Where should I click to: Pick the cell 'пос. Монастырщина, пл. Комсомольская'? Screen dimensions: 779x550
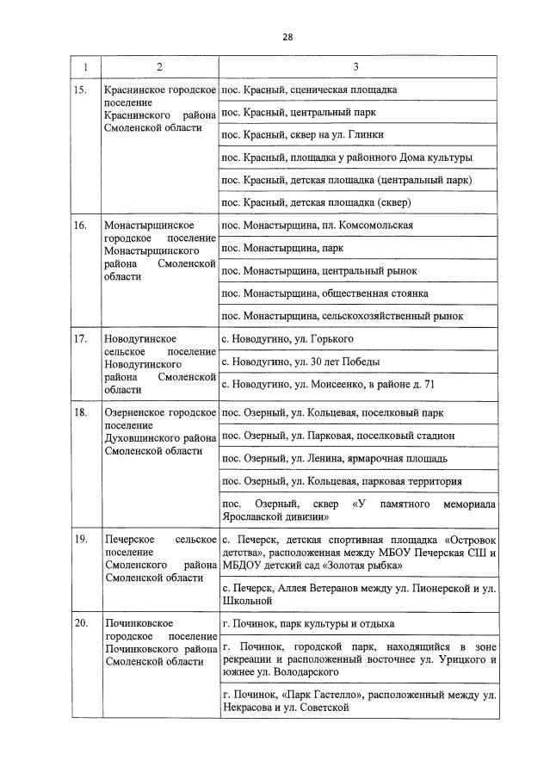pyautogui.click(x=317, y=226)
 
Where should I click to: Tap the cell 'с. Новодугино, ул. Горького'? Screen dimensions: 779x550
pyautogui.click(x=287, y=338)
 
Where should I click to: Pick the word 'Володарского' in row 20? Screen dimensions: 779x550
pyautogui.click(x=305, y=671)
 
